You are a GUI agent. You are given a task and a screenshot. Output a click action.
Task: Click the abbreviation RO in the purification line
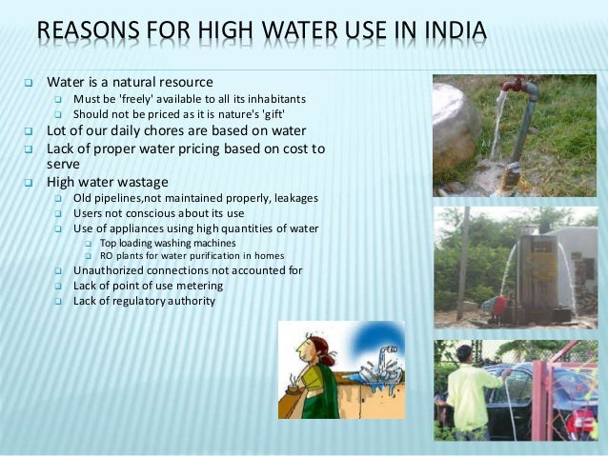coord(107,255)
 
